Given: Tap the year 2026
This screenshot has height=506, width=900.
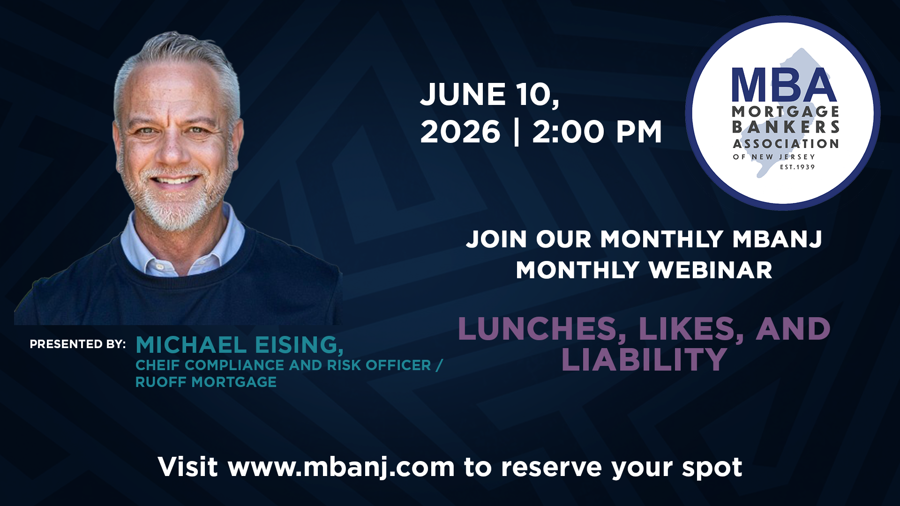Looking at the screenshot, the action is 460,132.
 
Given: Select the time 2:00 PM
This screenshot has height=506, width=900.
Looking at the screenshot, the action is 597,132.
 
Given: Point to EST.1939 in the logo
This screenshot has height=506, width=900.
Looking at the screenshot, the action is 797,167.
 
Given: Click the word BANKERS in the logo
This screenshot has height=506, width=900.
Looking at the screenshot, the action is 786,127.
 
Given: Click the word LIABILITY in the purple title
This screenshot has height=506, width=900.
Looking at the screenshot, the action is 644,360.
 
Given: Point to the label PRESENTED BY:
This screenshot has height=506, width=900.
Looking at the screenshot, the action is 78,344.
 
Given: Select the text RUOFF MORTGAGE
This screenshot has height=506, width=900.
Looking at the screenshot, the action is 206,382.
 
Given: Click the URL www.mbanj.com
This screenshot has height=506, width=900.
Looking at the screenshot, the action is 341,468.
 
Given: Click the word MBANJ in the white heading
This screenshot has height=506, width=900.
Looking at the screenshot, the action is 777,239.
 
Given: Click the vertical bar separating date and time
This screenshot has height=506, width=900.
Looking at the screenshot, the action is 517,132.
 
